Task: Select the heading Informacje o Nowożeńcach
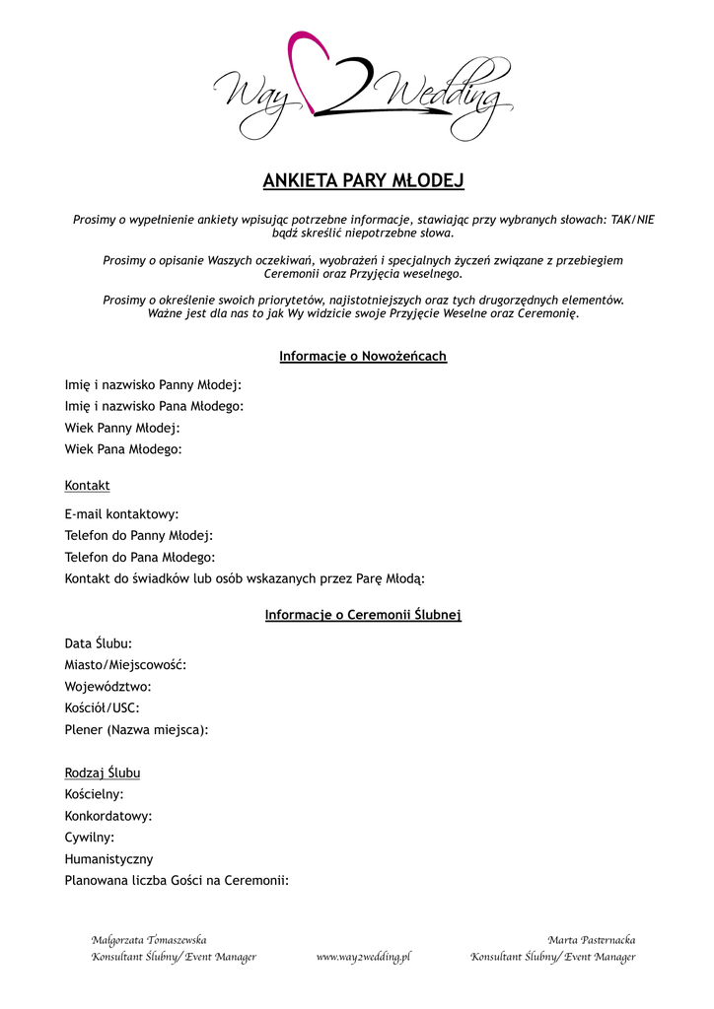[x=363, y=356]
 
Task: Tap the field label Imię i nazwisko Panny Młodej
[x=153, y=384]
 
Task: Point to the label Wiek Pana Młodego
[x=123, y=449]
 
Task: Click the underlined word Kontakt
[x=87, y=486]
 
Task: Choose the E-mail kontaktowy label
[x=121, y=514]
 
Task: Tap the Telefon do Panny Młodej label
[x=138, y=536]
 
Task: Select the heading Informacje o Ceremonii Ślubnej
[x=363, y=615]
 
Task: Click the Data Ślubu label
[x=98, y=643]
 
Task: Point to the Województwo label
[x=107, y=687]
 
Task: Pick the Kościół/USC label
[x=102, y=707]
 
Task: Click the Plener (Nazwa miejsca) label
[x=136, y=730]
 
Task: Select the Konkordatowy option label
[x=107, y=816]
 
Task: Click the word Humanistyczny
[x=108, y=859]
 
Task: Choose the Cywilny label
[x=89, y=838]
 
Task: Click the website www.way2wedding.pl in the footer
[x=363, y=957]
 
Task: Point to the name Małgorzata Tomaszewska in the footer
[x=149, y=940]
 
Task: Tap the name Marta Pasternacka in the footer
[x=592, y=940]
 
